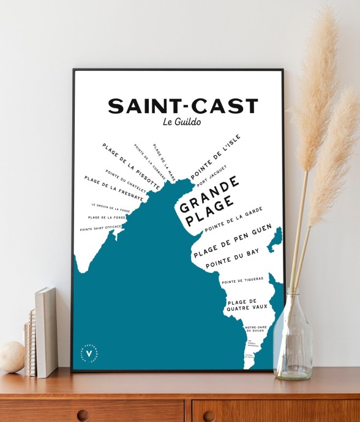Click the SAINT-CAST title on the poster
pyautogui.click(x=182, y=106)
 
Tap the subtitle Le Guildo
pyautogui.click(x=182, y=122)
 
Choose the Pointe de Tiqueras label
pyautogui.click(x=242, y=281)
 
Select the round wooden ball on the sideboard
pyautogui.click(x=11, y=357)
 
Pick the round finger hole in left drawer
pyautogui.click(x=83, y=415)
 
